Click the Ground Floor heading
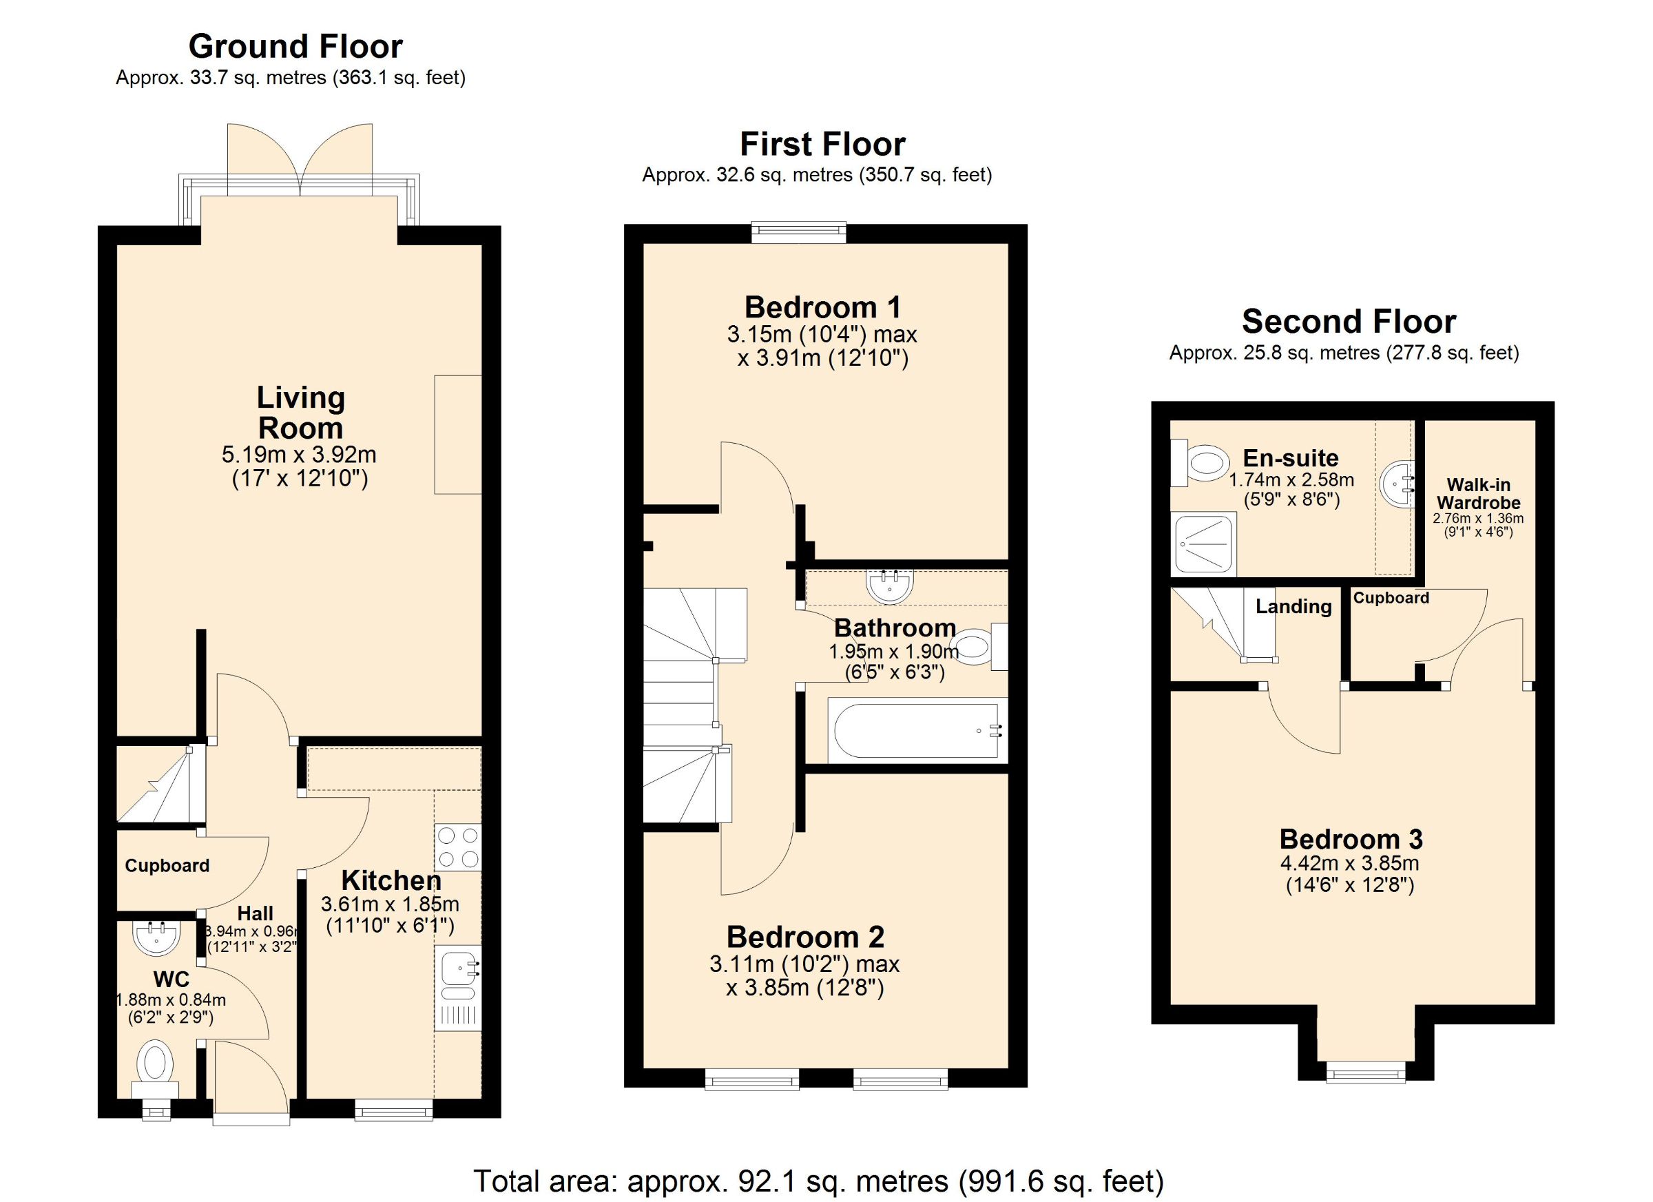pyautogui.click(x=295, y=47)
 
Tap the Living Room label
pyautogui.click(x=300, y=413)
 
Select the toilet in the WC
pyautogui.click(x=155, y=1070)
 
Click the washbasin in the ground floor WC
pyautogui.click(x=155, y=938)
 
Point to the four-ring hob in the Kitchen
pyautogui.click(x=458, y=847)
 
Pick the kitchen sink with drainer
pyautogui.click(x=458, y=988)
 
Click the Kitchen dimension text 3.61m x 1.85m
pyautogui.click(x=391, y=904)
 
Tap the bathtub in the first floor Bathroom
pyautogui.click(x=917, y=730)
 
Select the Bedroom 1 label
pyautogui.click(x=823, y=307)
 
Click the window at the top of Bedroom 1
pyautogui.click(x=799, y=233)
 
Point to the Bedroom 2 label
pyautogui.click(x=805, y=937)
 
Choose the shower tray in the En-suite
pyautogui.click(x=1203, y=543)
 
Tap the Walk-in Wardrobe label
pyautogui.click(x=1479, y=493)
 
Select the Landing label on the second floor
pyautogui.click(x=1293, y=606)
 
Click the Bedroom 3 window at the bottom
pyautogui.click(x=1366, y=1069)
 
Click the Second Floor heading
pyautogui.click(x=1349, y=322)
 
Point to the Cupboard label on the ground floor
pyautogui.click(x=167, y=866)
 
